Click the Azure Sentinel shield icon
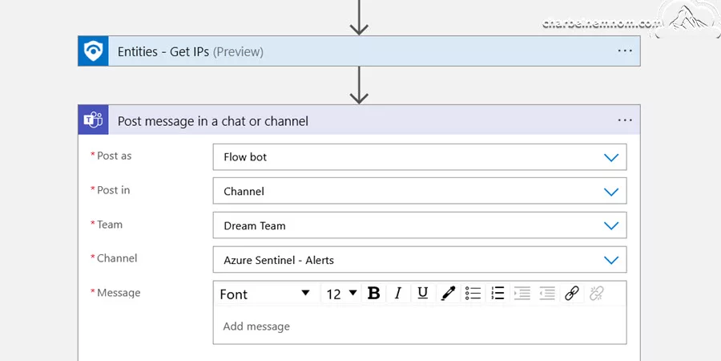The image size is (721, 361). click(x=94, y=51)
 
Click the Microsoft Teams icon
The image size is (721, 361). click(x=94, y=120)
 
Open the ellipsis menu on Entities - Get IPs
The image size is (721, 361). click(x=625, y=51)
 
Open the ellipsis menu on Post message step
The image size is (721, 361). click(x=625, y=120)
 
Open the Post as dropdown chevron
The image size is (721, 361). click(x=611, y=157)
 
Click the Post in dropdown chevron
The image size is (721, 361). click(x=611, y=192)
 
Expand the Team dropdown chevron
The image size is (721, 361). click(x=611, y=225)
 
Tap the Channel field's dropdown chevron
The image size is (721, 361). click(x=611, y=260)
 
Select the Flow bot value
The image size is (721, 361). click(x=245, y=157)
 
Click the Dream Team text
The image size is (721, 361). click(x=254, y=225)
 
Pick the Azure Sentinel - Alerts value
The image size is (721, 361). click(x=279, y=260)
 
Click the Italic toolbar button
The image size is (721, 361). click(x=398, y=294)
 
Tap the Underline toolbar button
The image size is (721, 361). click(x=423, y=294)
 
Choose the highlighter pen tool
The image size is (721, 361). click(x=448, y=294)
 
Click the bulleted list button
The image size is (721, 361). click(x=473, y=294)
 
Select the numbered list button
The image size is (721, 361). click(x=497, y=294)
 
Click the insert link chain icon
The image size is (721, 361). click(x=571, y=294)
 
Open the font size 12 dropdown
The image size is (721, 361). click(x=341, y=294)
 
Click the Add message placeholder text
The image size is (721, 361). click(x=256, y=327)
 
